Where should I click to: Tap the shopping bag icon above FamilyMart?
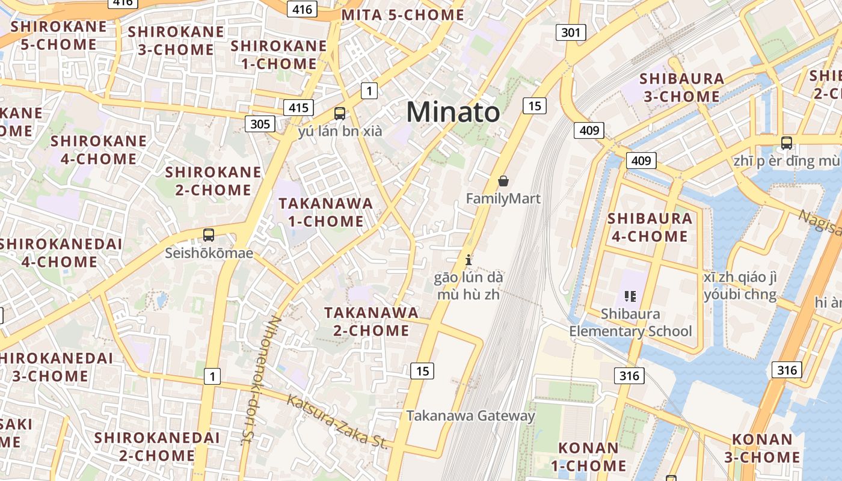tap(503, 180)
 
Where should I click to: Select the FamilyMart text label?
tap(503, 198)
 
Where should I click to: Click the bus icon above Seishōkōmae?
tap(209, 235)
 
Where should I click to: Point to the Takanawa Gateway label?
tap(470, 415)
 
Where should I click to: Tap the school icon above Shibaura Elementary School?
tap(630, 296)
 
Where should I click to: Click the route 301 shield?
tap(570, 32)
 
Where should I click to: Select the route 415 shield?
tap(298, 108)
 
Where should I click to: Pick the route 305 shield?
tap(260, 124)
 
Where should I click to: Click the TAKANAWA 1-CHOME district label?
tap(325, 212)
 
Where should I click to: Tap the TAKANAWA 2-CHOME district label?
tap(371, 321)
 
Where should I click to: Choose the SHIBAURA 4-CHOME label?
tap(650, 227)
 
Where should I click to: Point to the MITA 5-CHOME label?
tap(403, 15)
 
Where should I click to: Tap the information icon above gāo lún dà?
tap(469, 260)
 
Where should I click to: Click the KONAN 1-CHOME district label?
tap(588, 456)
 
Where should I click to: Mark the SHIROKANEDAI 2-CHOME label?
tap(156, 446)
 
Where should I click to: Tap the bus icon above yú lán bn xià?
tap(340, 113)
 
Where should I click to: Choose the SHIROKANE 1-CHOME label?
tap(278, 55)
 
